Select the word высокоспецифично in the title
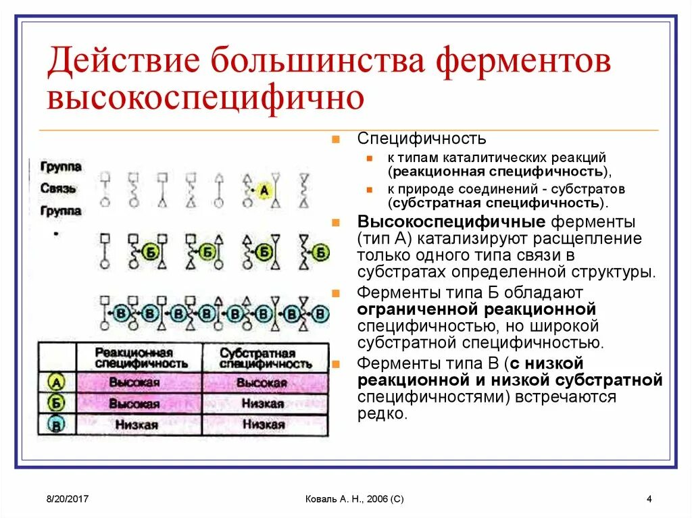(x=205, y=97)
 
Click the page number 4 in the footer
(x=649, y=499)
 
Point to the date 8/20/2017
(x=69, y=499)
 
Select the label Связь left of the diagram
(x=58, y=188)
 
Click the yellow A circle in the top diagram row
(x=264, y=191)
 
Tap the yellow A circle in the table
(x=56, y=383)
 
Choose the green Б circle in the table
(x=56, y=404)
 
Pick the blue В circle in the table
(x=56, y=425)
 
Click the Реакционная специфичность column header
(x=139, y=358)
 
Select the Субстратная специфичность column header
(x=266, y=358)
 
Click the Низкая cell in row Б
(x=265, y=404)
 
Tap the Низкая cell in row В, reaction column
(x=138, y=425)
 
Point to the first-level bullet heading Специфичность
(x=421, y=139)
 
